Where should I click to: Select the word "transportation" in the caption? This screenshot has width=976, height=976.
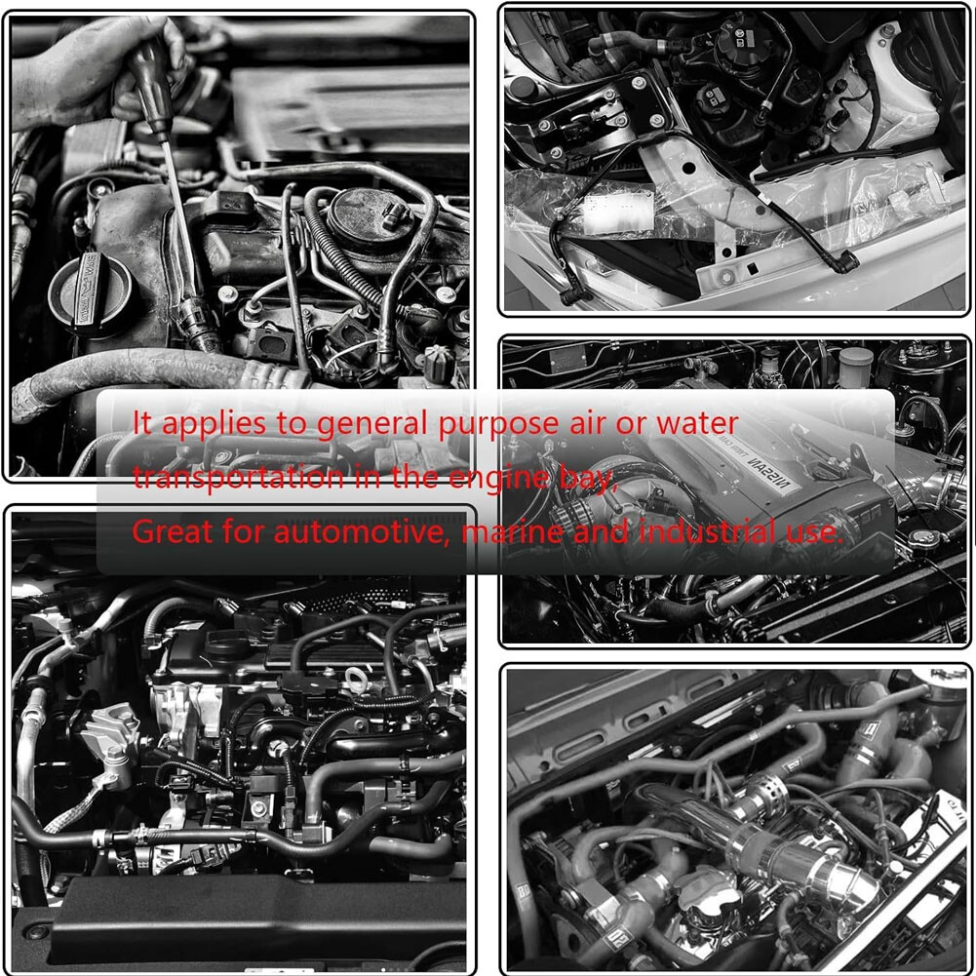pyautogui.click(x=238, y=478)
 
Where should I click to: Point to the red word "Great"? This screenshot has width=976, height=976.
pyautogui.click(x=168, y=532)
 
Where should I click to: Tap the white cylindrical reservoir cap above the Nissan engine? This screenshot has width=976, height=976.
pyautogui.click(x=856, y=367)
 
